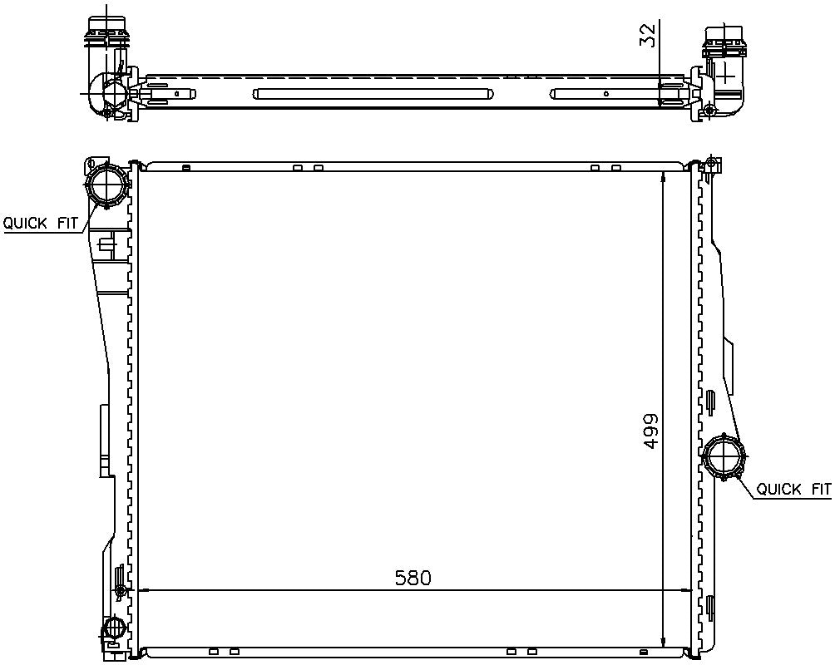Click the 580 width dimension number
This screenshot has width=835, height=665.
click(413, 577)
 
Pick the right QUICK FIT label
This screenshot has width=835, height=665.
click(793, 490)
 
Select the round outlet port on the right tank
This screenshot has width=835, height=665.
click(724, 458)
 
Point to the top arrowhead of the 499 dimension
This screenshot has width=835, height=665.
click(662, 177)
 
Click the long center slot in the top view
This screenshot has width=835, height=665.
click(369, 94)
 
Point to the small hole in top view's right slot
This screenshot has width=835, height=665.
click(605, 94)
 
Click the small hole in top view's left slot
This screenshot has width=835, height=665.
click(191, 94)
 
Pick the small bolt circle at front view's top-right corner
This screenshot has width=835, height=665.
click(709, 161)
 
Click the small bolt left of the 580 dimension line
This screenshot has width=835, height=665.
click(122, 591)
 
